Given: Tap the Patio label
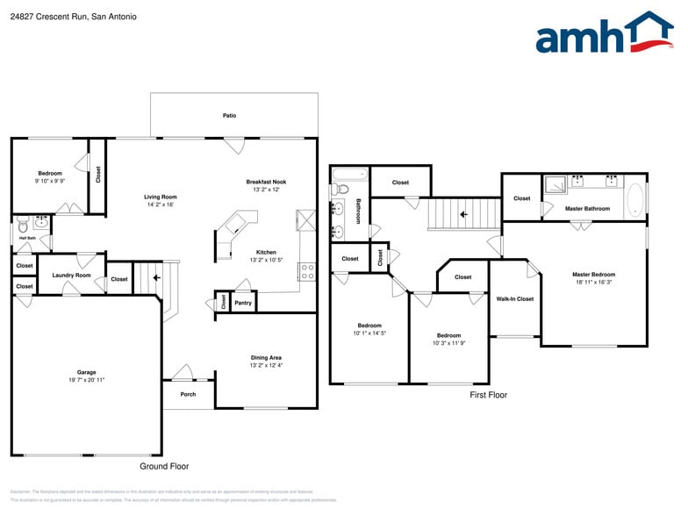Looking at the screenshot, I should (229, 115).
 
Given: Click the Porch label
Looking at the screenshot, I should (188, 394).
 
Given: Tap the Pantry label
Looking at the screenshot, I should (243, 303).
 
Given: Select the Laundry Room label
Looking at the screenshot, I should (71, 276).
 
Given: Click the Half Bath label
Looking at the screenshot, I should (27, 238).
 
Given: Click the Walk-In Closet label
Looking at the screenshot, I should (514, 299).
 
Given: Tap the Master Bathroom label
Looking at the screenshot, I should (587, 209).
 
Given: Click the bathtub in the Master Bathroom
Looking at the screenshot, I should (635, 197).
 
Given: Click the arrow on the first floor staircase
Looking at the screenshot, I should (463, 213).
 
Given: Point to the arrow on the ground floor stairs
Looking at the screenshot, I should (156, 278).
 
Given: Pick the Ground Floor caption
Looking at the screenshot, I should (164, 466).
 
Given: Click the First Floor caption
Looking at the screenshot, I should (488, 395).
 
